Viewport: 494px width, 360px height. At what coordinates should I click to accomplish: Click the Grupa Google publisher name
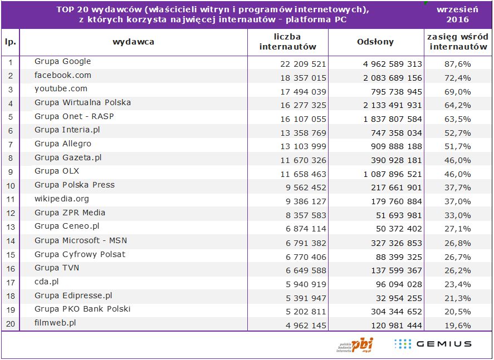pos(62,62)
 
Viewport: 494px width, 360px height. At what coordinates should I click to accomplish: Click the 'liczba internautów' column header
pos(287,42)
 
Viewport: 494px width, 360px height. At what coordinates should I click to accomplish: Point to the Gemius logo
pos(433,344)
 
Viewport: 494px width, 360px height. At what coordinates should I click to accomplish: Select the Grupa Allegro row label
pos(62,144)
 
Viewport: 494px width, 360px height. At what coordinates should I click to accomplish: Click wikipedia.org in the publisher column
pos(61,199)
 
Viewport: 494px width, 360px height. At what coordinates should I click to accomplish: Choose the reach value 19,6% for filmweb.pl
pos(457,325)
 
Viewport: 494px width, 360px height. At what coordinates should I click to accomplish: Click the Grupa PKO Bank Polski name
pos(82,309)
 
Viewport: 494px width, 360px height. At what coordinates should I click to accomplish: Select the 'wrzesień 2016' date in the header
pos(457,15)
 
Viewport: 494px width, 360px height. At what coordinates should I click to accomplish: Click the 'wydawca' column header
pos(133,42)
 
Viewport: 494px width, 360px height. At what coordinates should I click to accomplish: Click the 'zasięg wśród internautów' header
pos(457,42)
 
